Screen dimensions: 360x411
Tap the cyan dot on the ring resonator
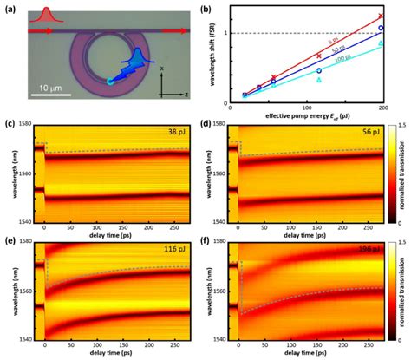[109, 81]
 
